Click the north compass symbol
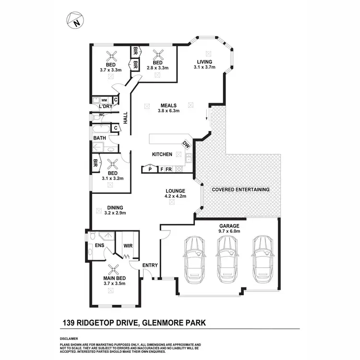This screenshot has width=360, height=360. [x=74, y=20]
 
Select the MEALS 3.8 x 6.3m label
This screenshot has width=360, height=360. [x=168, y=108]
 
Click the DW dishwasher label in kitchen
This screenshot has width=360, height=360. [x=186, y=144]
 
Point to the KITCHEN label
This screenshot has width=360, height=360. [x=162, y=155]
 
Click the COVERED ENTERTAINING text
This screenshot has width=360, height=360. [x=240, y=190]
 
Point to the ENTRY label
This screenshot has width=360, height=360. [x=150, y=265]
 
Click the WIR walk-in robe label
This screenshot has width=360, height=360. [x=128, y=246]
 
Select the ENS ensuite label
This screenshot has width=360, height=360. [x=99, y=246]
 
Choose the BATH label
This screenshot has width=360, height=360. [x=99, y=138]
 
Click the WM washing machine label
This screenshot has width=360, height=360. [x=104, y=100]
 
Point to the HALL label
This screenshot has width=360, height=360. [x=125, y=118]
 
